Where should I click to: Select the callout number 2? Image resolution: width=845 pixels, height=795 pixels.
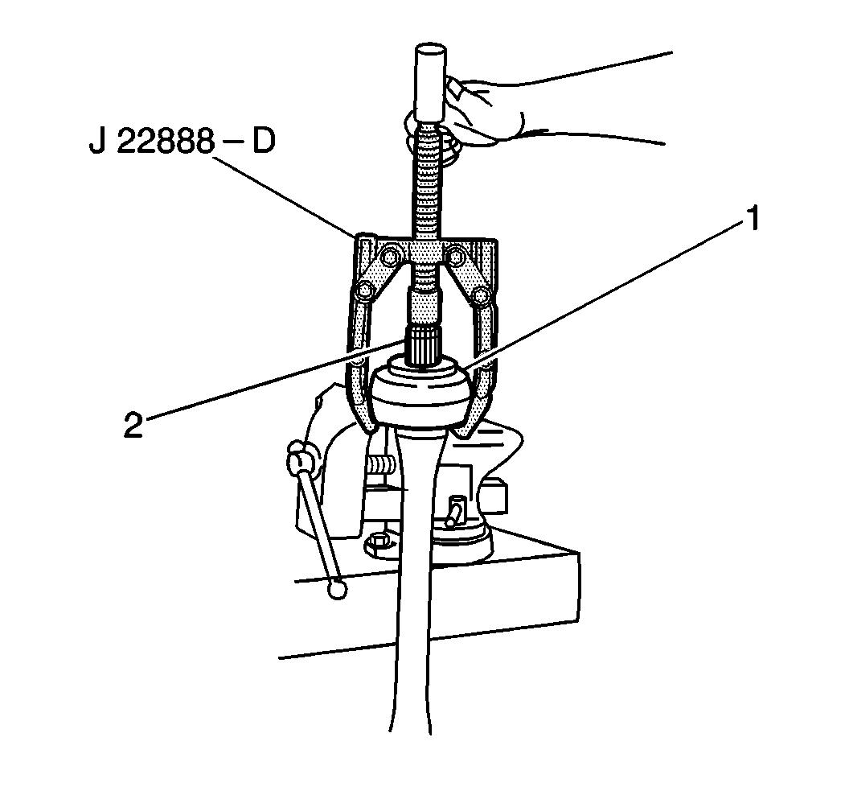pyautogui.click(x=133, y=423)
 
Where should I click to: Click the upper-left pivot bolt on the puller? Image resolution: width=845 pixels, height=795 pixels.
pyautogui.click(x=391, y=256)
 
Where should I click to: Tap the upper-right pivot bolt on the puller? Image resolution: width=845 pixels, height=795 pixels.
pyautogui.click(x=458, y=256)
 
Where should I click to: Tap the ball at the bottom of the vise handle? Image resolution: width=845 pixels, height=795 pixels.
pyautogui.click(x=337, y=589)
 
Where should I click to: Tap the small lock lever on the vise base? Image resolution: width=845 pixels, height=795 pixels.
pyautogui.click(x=455, y=509)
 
